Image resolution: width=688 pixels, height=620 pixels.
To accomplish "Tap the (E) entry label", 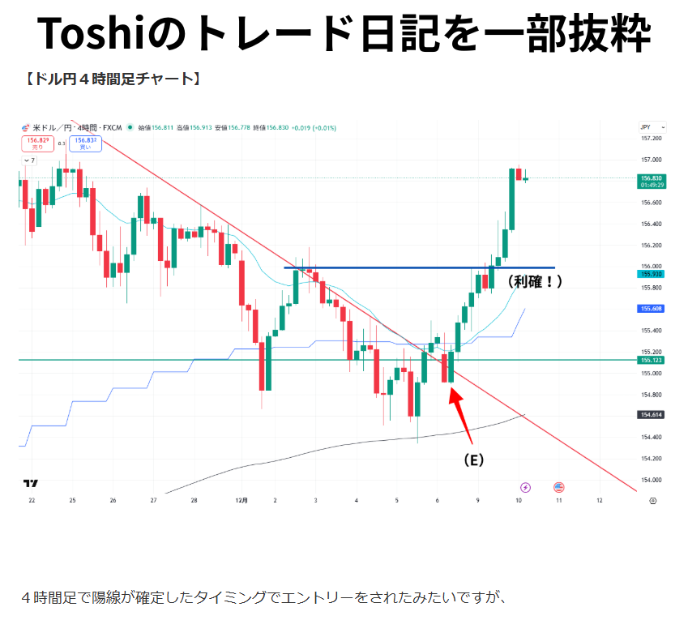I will click(x=473, y=460).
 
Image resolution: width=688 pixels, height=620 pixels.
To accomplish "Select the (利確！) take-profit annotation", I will click(x=534, y=281).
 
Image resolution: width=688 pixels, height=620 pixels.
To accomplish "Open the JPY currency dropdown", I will click(x=652, y=127).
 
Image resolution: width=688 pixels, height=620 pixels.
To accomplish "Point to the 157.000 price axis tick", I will click(x=651, y=160).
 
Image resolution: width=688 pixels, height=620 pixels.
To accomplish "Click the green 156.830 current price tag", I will click(x=652, y=181).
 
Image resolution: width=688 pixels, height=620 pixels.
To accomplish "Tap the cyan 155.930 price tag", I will click(x=652, y=274).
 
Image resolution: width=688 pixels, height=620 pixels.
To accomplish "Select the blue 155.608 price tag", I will click(x=652, y=309).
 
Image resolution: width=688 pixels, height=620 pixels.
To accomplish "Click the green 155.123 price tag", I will click(x=652, y=360).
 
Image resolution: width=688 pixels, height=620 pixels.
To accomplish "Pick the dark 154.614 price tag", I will click(x=652, y=415).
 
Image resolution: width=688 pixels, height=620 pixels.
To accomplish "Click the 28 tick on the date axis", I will click(x=194, y=501).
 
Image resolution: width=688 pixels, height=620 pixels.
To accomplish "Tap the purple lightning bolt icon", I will click(x=525, y=487).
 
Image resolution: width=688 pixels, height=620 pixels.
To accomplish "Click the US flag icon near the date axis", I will click(x=558, y=487).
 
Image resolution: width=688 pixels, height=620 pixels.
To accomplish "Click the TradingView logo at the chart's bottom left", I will click(x=31, y=484).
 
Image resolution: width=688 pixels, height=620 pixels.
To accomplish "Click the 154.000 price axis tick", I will click(x=651, y=480).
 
